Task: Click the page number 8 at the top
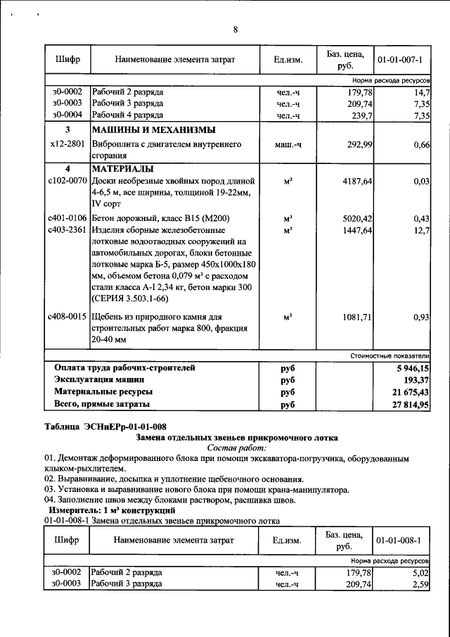pos(236,29)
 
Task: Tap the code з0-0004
pos(67,115)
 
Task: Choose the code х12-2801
pos(67,144)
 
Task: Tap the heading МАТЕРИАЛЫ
pos(122,169)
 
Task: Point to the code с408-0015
pos(67,317)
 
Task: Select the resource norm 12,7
pos(422,230)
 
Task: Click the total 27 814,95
pos(410,405)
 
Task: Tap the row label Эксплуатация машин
pos(105,379)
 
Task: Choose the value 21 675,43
pos(410,392)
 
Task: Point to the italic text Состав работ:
pos(237,448)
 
